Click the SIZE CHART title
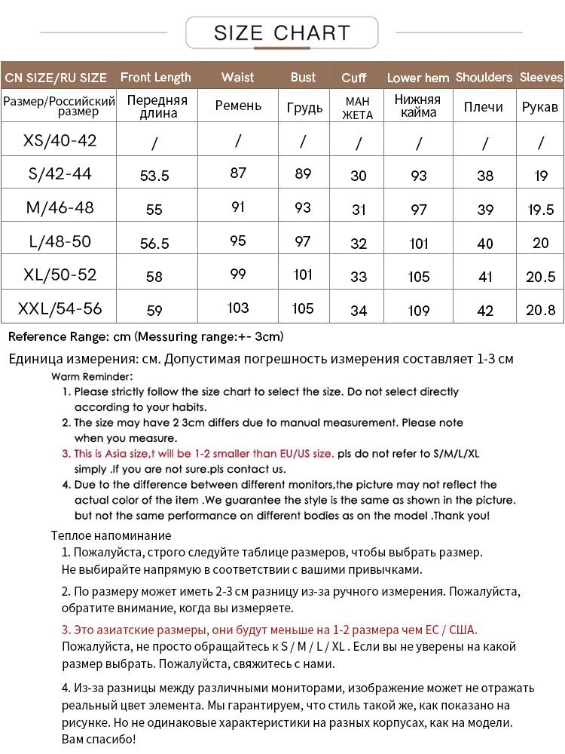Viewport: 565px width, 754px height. pos(282,33)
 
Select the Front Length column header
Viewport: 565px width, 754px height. pos(156,77)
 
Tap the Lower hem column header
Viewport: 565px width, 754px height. pos(418,78)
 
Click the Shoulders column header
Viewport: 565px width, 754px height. pos(484,77)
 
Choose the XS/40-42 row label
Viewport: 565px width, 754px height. pos(60,140)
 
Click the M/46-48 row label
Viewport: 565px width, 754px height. pos(60,207)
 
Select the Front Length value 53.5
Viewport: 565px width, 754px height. pos(155,176)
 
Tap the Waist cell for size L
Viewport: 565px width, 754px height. pos(238,242)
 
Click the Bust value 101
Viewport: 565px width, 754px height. pos(303,274)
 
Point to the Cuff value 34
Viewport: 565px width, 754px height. pos(359,310)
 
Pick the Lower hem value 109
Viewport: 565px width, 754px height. pos(419,310)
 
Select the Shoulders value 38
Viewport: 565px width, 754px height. pos(485,176)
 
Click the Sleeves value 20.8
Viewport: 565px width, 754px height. pos(541,310)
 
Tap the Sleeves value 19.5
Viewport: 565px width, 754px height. pos(541,210)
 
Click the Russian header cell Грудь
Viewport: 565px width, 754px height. pos(303,107)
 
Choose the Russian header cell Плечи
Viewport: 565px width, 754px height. pos(484,107)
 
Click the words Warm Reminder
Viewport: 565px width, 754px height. pos(92,375)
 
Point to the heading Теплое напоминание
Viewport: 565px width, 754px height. pos(111,536)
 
